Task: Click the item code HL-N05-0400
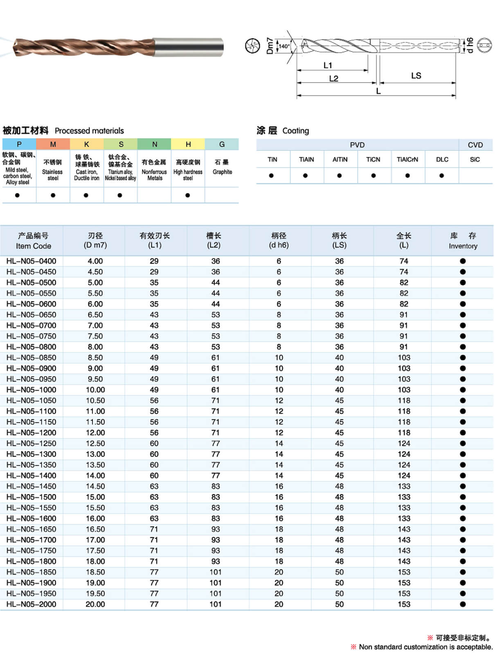point(31,261)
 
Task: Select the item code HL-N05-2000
point(31,604)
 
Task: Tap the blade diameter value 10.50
point(95,400)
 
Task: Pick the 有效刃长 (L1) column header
point(155,240)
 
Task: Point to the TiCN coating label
point(373,159)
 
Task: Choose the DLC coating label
point(442,159)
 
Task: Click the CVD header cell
point(475,145)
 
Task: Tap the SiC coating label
point(475,159)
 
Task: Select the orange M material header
point(53,144)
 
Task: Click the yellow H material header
point(188,144)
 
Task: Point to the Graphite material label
point(222,172)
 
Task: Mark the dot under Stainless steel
point(53,195)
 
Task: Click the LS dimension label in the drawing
point(416,76)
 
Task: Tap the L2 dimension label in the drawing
point(333,78)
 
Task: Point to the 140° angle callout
point(284,46)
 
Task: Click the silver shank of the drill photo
point(188,47)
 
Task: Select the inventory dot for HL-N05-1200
point(463,433)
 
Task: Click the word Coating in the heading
point(295,131)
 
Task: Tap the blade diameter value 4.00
point(95,261)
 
